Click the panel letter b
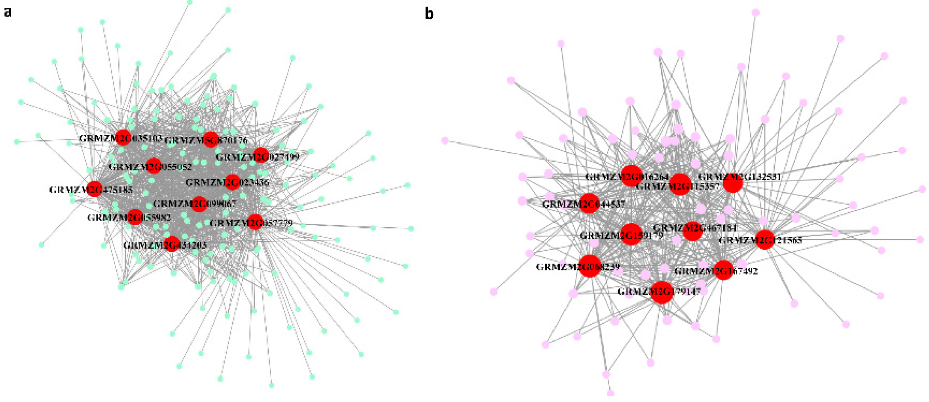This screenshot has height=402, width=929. pyautogui.click(x=429, y=14)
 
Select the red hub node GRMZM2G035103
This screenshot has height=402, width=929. pyautogui.click(x=123, y=137)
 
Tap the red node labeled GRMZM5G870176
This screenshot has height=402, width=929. pyautogui.click(x=211, y=140)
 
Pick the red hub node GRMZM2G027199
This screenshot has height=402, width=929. pyautogui.click(x=261, y=155)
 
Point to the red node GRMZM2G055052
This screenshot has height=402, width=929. pyautogui.click(x=154, y=166)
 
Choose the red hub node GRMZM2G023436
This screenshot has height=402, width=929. pyautogui.click(x=232, y=182)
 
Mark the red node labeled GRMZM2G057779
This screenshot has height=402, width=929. pyautogui.click(x=255, y=222)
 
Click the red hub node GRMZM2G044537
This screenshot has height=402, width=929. pyautogui.click(x=589, y=203)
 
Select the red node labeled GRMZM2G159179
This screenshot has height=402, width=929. pyautogui.click(x=631, y=234)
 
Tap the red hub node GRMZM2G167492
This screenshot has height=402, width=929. pyautogui.click(x=723, y=270)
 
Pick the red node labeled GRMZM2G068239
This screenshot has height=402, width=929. pyautogui.click(x=590, y=266)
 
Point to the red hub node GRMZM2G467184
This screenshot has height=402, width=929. pyautogui.click(x=692, y=231)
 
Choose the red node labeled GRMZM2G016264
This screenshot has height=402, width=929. pyautogui.click(x=631, y=176)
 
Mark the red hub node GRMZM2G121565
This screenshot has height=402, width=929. pyautogui.click(x=765, y=239)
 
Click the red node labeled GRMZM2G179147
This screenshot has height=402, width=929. pyautogui.click(x=662, y=292)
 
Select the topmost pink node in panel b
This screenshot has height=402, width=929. pyautogui.click(x=755, y=13)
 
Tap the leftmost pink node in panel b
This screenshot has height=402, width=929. pyautogui.click(x=445, y=140)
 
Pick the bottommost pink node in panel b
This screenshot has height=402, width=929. pyautogui.click(x=610, y=393)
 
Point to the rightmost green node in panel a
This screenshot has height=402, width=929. pyautogui.click(x=411, y=228)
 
